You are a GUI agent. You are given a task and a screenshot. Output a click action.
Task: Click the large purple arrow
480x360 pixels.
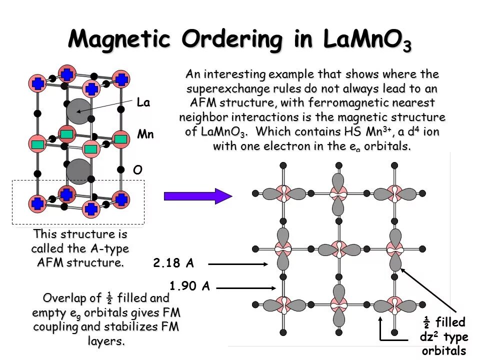tap(197, 195)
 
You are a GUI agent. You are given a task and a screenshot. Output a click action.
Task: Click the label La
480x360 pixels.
tap(143, 103)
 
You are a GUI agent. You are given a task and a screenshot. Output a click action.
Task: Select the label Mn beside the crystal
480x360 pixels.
tap(145, 135)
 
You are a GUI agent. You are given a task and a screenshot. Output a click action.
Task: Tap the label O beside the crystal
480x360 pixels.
tap(137, 170)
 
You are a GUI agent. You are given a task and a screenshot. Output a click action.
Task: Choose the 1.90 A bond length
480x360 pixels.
tap(189, 286)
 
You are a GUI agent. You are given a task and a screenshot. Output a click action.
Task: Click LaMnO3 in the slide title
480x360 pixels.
tap(367, 40)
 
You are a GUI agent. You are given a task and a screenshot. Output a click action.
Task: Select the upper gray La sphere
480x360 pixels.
tap(77, 111)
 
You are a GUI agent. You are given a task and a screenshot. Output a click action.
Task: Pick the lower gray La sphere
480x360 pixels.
tap(78, 171)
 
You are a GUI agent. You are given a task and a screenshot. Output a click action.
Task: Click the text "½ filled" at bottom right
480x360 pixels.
tap(444, 321)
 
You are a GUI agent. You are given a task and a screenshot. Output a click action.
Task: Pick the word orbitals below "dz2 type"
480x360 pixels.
tap(444, 350)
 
